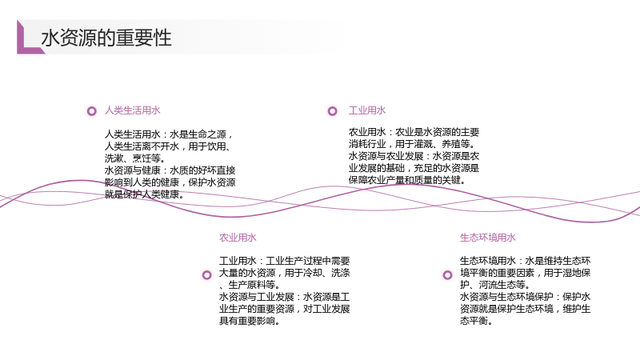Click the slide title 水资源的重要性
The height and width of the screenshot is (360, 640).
coord(106,38)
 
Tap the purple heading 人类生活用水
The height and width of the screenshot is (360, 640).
coord(133,110)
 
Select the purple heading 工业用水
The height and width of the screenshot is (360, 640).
coord(367,110)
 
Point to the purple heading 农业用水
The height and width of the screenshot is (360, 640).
coord(238,238)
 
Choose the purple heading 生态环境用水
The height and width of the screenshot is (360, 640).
coord(488,238)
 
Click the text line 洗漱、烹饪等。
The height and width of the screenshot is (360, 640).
coord(135,158)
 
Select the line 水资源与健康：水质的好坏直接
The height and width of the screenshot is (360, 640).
coord(170,170)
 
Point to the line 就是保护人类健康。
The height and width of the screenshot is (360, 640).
coord(145,194)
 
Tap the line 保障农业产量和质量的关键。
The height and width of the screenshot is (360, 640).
coord(407,180)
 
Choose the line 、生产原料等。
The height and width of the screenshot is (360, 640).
coord(250,285)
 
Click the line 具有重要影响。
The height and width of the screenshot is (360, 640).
coord(250,322)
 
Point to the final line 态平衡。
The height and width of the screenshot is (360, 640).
coord(476,322)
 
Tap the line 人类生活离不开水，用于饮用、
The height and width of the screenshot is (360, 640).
coord(167,146)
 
